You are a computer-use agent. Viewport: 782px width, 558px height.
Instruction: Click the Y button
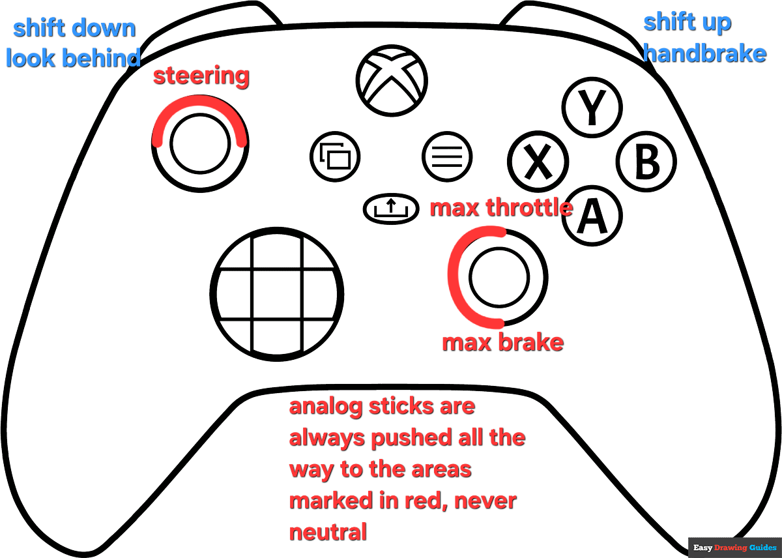pos(592,108)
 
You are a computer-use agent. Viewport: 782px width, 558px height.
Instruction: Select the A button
pos(592,216)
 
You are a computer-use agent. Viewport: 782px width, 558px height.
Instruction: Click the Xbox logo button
pos(391,79)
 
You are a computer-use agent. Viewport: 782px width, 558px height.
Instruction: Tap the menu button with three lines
pos(446,156)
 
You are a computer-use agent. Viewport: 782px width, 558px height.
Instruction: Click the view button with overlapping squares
pos(336,156)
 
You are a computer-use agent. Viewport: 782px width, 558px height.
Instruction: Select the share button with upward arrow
pos(390,209)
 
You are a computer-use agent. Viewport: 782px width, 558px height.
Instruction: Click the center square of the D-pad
pos(276,293)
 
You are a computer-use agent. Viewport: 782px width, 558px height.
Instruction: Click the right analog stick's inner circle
pos(498,278)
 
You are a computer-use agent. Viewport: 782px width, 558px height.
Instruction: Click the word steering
pos(201,76)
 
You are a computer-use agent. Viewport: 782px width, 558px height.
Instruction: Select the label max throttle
pos(500,208)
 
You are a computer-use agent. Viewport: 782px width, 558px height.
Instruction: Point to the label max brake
pos(502,342)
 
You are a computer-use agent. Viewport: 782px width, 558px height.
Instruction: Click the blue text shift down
pos(74,28)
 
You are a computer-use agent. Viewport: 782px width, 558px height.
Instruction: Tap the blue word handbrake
pos(704,53)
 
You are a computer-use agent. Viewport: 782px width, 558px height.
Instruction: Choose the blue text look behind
pos(73,58)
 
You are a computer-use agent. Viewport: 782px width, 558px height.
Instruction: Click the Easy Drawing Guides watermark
pos(734,547)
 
